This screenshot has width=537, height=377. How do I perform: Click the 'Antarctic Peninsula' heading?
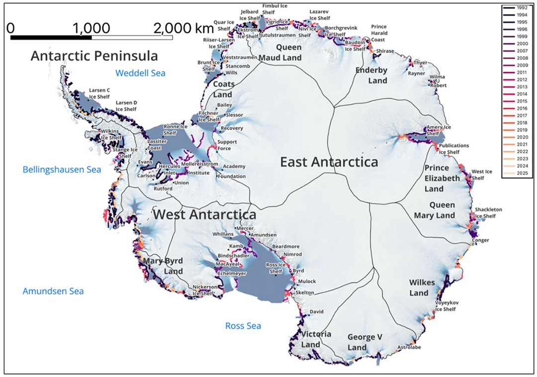94,55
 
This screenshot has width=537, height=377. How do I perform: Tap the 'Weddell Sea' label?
140,74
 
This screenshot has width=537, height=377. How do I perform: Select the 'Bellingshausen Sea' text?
62,170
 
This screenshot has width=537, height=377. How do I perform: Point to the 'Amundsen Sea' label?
53,291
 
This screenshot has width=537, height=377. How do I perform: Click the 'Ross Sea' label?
243,326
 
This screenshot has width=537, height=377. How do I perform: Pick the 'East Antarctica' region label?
329,162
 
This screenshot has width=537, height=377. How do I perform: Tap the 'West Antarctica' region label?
204,214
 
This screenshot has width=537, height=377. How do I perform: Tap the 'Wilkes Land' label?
422,287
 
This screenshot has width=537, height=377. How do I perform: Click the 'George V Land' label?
364,342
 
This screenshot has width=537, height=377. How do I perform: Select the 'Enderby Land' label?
371,75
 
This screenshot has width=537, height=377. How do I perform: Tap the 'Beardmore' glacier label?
285,246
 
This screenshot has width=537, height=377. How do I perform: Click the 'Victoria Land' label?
316,339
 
